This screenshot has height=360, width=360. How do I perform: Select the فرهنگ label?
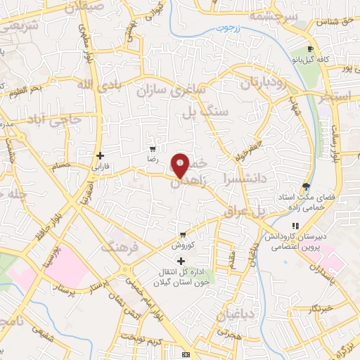[x=117, y=247]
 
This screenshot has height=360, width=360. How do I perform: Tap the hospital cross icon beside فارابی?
[x=101, y=155]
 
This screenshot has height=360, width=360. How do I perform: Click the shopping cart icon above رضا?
[x=153, y=150]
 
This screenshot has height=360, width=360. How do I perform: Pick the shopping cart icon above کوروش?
[x=183, y=235]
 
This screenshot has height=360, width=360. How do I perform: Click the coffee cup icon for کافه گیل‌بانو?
[x=310, y=49]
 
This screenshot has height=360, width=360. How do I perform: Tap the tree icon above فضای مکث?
[x=305, y=186]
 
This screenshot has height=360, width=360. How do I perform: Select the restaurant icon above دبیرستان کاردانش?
[x=295, y=226]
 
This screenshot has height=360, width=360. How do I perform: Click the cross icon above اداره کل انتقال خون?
[x=181, y=262]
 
